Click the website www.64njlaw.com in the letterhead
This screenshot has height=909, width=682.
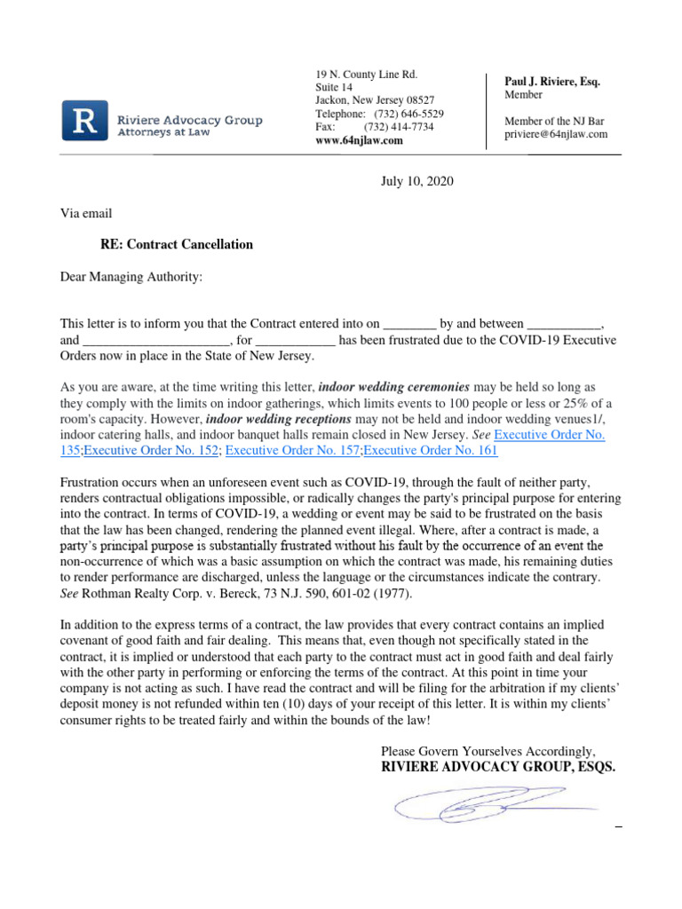[x=359, y=140]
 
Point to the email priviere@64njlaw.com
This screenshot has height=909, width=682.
[x=556, y=134]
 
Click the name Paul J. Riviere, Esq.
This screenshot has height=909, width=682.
[x=551, y=82]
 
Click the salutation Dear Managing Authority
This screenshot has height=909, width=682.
[x=131, y=277]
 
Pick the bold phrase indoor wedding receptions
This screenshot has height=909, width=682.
[x=279, y=419]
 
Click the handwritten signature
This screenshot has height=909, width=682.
[x=484, y=804]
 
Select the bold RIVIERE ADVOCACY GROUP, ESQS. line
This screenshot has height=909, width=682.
[x=497, y=767]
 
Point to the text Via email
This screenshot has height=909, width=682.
[x=86, y=213]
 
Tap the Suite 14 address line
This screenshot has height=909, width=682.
[x=334, y=87]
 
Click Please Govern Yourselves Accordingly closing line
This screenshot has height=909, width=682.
[x=488, y=750]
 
